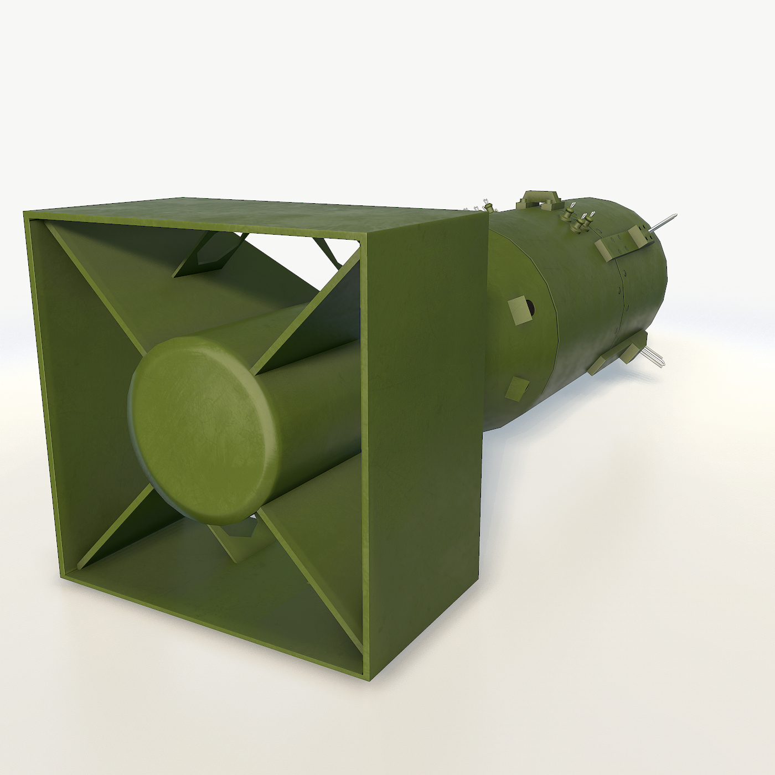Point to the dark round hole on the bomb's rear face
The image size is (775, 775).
(530, 306)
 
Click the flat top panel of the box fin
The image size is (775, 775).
(249, 213)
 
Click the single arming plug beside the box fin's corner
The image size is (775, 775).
(489, 207)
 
